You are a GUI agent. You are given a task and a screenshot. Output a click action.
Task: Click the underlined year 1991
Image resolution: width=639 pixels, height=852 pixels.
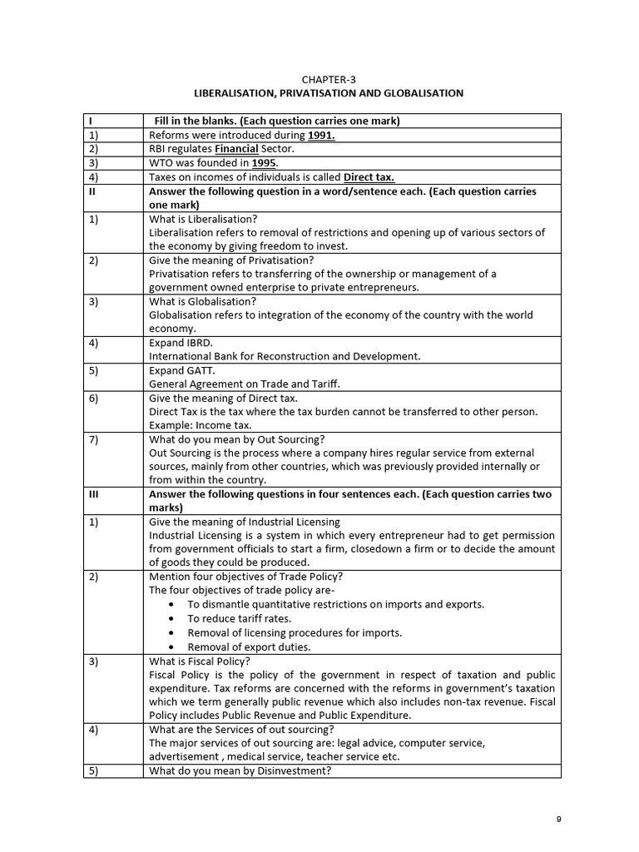point(321,135)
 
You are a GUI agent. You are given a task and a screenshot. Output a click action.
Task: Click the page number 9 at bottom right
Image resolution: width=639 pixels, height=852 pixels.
point(559,820)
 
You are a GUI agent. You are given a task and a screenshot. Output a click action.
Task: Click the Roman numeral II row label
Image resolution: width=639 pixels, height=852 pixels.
point(94,191)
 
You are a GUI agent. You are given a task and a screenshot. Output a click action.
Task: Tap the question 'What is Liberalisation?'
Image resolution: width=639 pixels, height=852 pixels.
point(204,219)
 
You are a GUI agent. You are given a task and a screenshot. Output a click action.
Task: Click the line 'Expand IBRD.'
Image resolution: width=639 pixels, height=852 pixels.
point(181,343)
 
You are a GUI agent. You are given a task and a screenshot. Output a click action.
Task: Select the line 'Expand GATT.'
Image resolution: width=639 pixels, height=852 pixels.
point(181,370)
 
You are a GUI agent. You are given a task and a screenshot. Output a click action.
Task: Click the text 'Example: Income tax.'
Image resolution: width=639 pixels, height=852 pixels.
point(200,425)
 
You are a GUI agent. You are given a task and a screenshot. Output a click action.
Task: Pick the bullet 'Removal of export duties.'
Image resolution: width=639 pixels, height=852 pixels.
point(249,646)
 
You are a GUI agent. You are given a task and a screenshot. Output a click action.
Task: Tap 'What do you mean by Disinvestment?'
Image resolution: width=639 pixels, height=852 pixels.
point(240,770)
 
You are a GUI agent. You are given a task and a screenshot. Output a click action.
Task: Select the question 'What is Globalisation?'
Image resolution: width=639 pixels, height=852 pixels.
point(202,301)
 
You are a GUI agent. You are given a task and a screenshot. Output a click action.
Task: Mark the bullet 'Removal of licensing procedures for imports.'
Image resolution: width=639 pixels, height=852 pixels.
point(295,632)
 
